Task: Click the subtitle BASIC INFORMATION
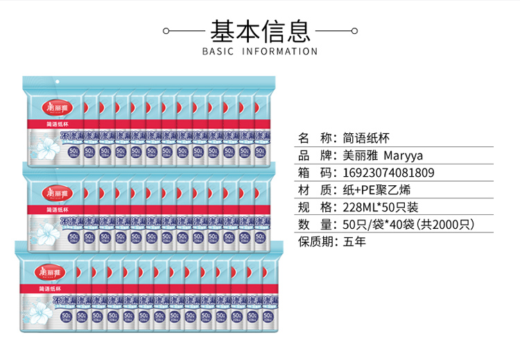(x=260, y=51)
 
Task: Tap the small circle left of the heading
(x=165, y=31)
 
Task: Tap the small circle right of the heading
(x=354, y=31)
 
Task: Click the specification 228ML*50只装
(x=381, y=207)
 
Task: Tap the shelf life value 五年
(x=354, y=242)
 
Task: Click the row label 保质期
(x=316, y=242)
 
